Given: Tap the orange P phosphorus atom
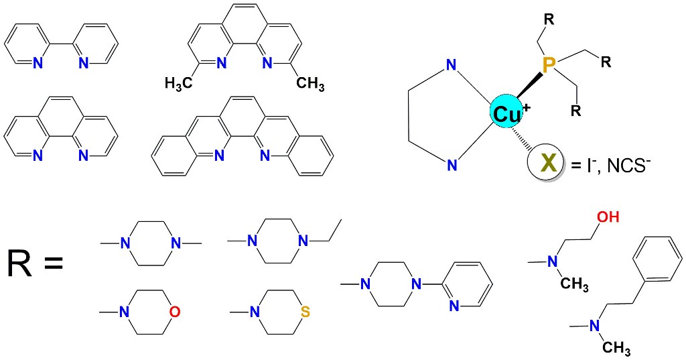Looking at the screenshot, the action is pyautogui.click(x=549, y=65).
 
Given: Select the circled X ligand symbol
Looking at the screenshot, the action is pyautogui.click(x=548, y=163).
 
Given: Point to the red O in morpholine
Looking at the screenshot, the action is pyautogui.click(x=174, y=312).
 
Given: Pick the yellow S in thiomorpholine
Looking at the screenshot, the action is pyautogui.click(x=305, y=312).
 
